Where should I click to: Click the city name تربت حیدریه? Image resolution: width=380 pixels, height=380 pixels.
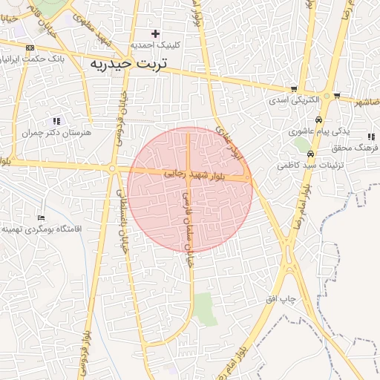(128, 64)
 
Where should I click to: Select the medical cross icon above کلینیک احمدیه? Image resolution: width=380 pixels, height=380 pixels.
(155, 33)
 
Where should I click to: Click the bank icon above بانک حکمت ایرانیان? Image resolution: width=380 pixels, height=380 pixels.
(30, 47)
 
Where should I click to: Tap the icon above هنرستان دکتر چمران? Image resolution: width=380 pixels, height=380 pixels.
(56, 121)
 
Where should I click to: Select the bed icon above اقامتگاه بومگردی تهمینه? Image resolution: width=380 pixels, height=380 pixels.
(41, 218)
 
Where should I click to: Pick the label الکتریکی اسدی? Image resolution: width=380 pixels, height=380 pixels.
(294, 99)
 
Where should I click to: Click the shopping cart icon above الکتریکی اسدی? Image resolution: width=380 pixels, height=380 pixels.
(295, 89)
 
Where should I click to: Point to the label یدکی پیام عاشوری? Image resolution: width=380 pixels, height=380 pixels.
(319, 131)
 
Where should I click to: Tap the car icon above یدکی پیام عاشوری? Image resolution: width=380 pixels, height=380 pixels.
(318, 119)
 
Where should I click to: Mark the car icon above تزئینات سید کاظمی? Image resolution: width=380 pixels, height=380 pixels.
(309, 154)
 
